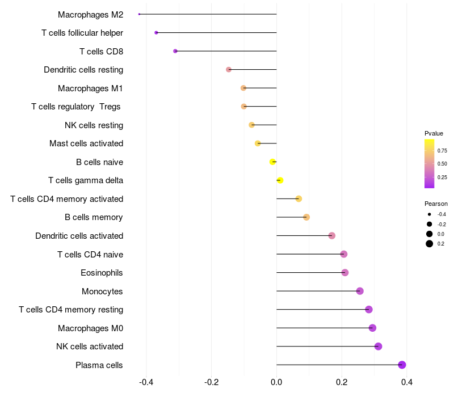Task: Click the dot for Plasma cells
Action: (402, 365)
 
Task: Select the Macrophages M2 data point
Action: (139, 14)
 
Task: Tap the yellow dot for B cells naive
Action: (273, 162)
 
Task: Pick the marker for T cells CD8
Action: (175, 51)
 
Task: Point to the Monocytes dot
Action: (360, 291)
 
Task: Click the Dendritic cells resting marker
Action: (229, 70)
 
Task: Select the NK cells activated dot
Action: (379, 347)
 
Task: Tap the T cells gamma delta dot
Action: (280, 180)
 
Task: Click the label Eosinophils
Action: (102, 273)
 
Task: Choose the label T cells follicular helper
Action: (82, 33)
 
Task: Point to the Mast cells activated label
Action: (86, 143)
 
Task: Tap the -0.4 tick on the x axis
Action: (146, 382)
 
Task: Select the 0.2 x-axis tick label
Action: (342, 382)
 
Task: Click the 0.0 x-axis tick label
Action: (276, 382)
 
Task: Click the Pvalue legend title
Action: (434, 133)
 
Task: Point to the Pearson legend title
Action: (436, 204)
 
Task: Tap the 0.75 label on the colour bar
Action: (442, 150)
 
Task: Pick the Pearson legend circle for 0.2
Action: (430, 244)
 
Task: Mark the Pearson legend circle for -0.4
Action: (430, 214)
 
